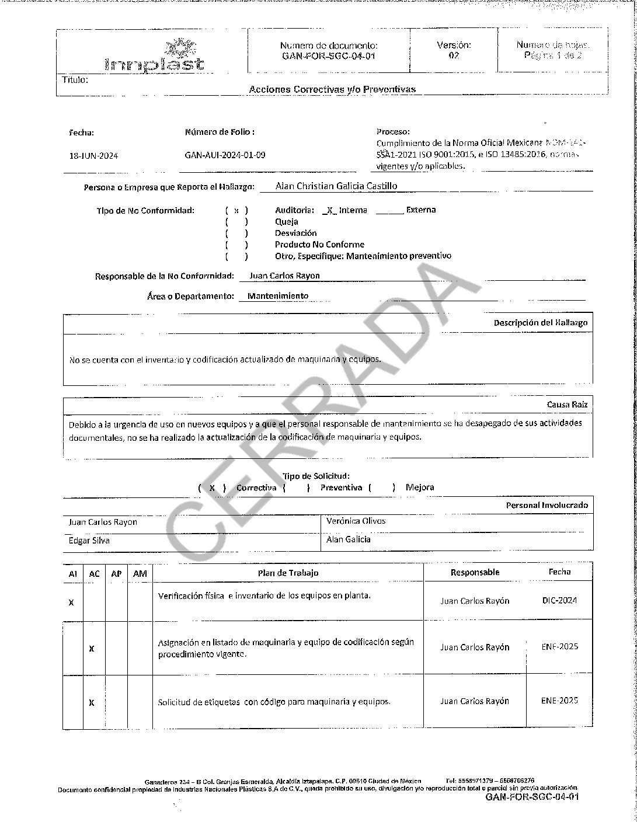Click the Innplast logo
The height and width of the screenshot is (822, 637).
(x=155, y=56)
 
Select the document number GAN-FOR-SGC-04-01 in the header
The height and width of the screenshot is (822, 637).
(x=328, y=56)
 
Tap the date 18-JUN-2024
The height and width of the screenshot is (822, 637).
(x=93, y=156)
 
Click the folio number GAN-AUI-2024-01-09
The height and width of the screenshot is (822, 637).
(x=225, y=155)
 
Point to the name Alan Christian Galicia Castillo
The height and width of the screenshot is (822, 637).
(x=337, y=186)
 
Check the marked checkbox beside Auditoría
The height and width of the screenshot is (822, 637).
(x=236, y=210)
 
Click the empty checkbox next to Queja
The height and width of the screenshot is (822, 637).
(x=236, y=222)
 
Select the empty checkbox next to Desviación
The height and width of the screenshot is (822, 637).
(x=236, y=233)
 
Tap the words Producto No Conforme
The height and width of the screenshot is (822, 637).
(x=319, y=245)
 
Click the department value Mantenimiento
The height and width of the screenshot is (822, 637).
(x=278, y=296)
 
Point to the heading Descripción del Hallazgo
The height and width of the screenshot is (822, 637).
(x=540, y=322)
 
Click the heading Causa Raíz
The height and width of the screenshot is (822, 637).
(x=567, y=404)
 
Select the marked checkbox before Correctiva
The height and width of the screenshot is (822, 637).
(x=212, y=487)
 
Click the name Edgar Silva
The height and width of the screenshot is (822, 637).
(x=89, y=541)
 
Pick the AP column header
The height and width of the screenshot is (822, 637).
(x=116, y=573)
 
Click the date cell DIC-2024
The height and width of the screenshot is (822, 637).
(x=559, y=600)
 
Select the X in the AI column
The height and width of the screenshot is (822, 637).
(x=71, y=601)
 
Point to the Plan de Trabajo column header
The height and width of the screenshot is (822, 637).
(x=288, y=573)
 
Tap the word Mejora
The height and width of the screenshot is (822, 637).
(x=420, y=487)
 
